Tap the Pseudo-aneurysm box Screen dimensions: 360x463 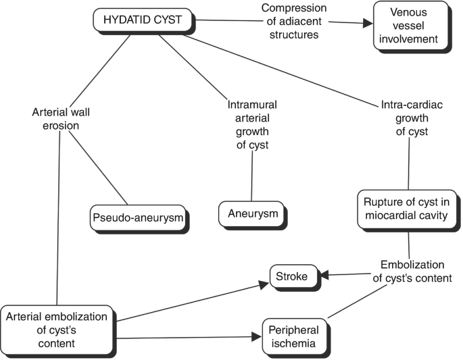137,218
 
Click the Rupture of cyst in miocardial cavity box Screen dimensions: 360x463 408,209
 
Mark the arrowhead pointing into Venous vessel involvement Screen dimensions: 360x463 367,23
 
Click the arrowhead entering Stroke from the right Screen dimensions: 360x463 325,275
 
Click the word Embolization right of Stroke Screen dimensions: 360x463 412,265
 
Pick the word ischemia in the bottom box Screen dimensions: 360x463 296,345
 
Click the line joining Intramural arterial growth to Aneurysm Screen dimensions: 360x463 252,179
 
